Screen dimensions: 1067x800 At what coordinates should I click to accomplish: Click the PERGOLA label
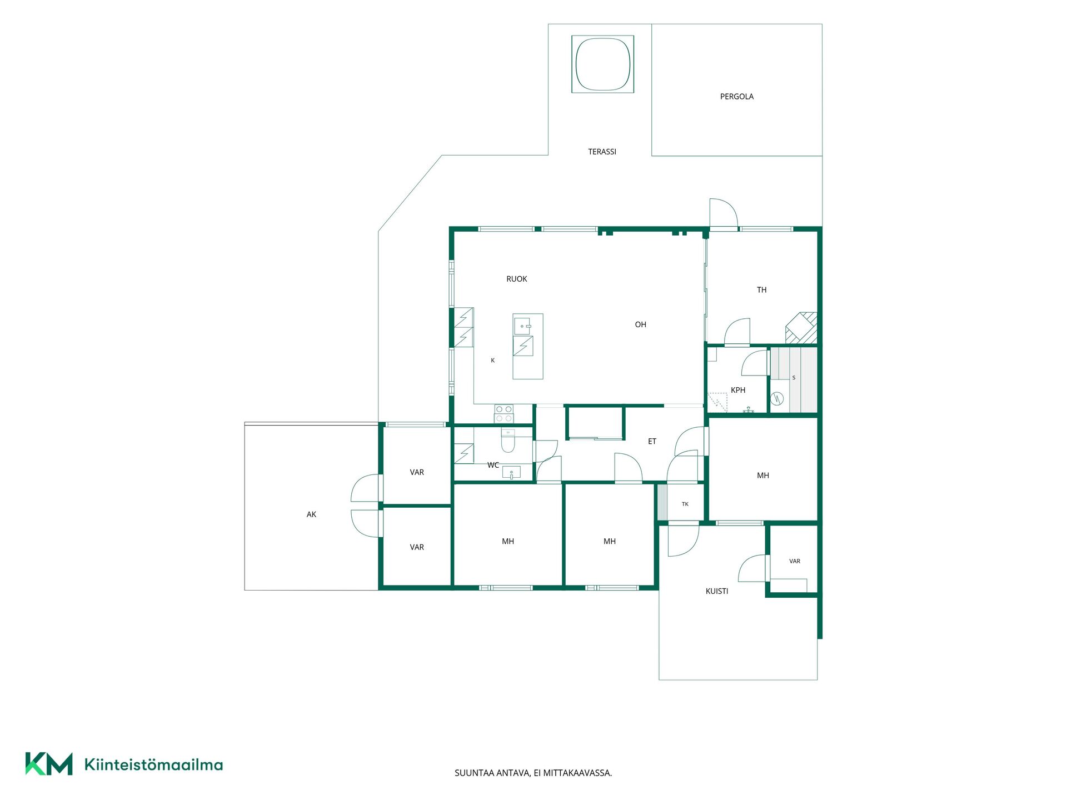[737, 97]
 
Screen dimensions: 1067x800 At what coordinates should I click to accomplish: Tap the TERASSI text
[602, 152]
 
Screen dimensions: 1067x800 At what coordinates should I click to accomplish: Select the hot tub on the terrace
[603, 64]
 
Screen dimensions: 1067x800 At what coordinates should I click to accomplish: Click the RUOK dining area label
[517, 279]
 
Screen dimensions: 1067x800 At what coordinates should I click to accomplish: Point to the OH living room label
[641, 324]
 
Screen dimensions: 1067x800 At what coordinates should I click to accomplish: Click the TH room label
[761, 290]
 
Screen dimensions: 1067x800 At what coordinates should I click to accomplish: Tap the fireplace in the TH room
[801, 328]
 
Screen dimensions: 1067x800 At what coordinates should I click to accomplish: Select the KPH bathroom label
[738, 390]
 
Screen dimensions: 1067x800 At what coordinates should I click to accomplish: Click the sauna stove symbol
[777, 398]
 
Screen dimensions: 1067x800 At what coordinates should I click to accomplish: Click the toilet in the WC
[508, 440]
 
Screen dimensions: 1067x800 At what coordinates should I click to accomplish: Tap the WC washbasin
[511, 473]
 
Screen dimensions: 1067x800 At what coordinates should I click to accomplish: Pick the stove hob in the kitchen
[504, 414]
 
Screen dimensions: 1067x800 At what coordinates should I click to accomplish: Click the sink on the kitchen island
[522, 326]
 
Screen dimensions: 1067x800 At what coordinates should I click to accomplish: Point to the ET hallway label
[652, 442]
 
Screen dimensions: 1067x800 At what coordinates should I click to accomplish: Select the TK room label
[685, 504]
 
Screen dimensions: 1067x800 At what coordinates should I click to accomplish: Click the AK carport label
[311, 514]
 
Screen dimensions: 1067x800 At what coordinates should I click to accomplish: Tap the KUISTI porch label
[717, 591]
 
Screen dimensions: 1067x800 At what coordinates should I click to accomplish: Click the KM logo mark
[49, 764]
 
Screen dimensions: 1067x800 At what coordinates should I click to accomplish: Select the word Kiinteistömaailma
[153, 764]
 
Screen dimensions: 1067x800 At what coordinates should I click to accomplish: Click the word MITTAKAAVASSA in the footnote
[578, 773]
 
